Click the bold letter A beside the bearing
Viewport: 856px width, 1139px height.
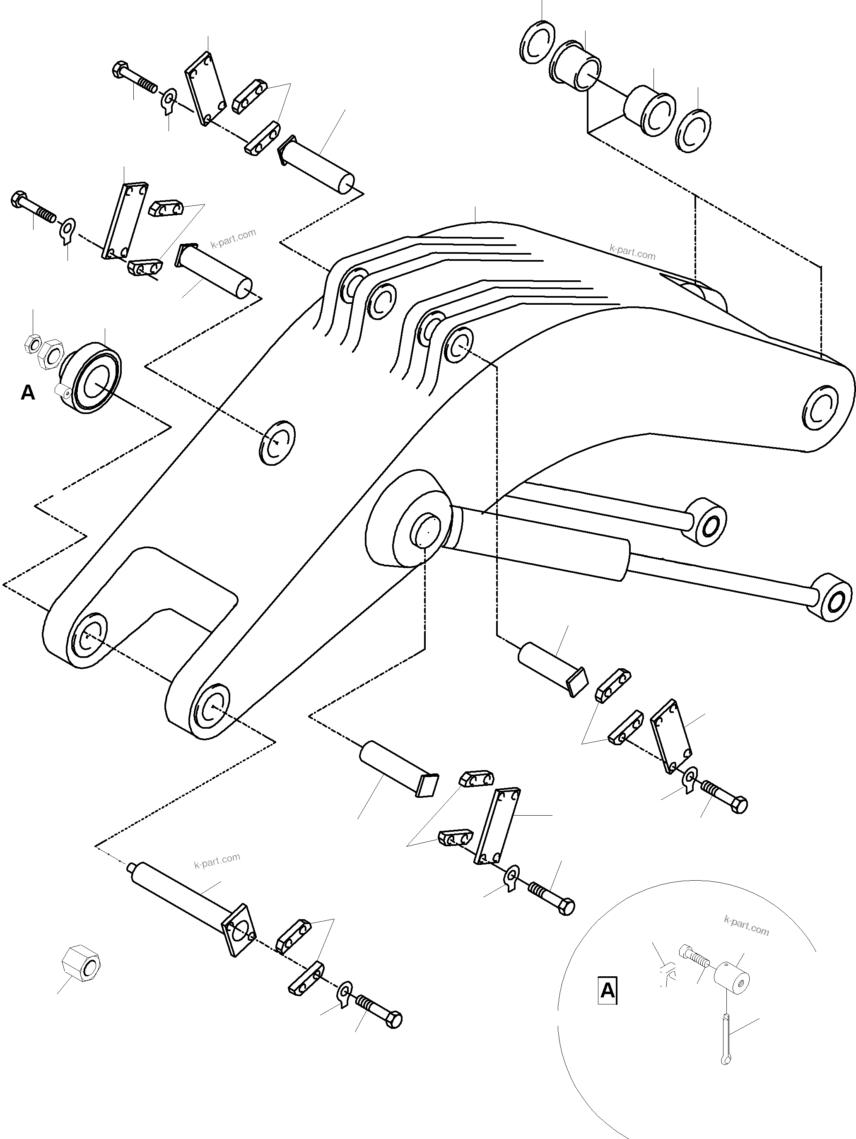(28, 393)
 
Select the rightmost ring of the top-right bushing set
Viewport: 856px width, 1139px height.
(693, 131)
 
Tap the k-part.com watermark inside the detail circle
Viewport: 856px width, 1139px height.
(746, 926)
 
